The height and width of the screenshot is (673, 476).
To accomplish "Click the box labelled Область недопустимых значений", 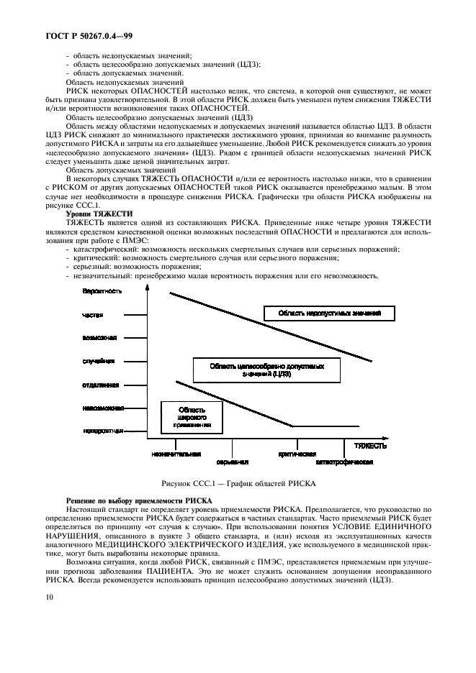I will click(331, 313).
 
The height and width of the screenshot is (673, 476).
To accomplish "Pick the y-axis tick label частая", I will click(94, 314).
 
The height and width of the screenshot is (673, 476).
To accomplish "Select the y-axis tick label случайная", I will click(99, 361).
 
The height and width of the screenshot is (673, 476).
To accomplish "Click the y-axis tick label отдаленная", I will click(101, 385).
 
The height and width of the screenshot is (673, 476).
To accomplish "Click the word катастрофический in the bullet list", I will click(99, 249).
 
